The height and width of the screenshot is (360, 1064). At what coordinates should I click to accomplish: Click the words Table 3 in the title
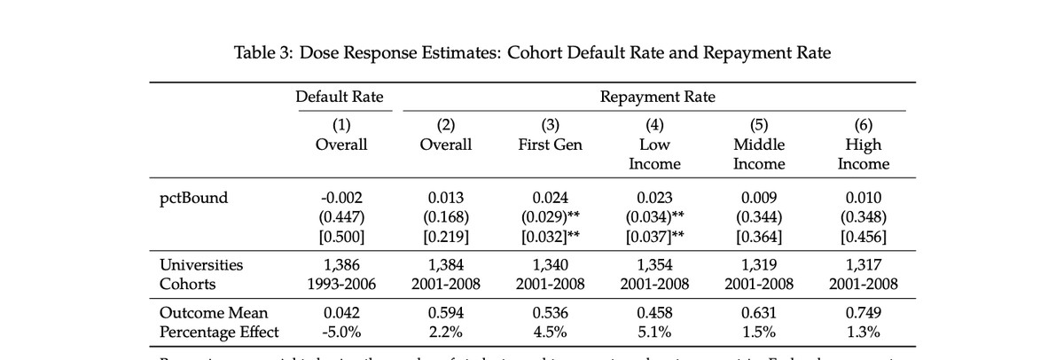pos(262,52)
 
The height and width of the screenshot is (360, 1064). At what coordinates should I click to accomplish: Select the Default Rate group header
pos(340,97)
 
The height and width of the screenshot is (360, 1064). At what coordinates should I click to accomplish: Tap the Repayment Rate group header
pos(657,97)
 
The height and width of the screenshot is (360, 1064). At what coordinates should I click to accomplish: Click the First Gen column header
pos(550,145)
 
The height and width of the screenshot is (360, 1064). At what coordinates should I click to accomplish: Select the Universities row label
pos(201,264)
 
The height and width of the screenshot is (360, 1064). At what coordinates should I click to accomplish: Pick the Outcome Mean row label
pos(214,313)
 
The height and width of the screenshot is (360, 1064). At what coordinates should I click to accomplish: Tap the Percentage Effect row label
pos(219,333)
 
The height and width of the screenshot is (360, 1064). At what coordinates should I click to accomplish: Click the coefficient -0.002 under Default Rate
pos(341,198)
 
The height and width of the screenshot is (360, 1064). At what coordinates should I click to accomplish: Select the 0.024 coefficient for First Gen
pos(550,198)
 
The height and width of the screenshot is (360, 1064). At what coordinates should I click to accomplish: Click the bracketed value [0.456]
pos(864,237)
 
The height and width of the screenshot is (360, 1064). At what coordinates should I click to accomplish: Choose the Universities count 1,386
pos(341,264)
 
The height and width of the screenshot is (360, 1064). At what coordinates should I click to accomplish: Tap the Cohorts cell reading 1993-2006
pos(341,284)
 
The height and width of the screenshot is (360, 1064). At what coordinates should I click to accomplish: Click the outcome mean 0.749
pos(864,313)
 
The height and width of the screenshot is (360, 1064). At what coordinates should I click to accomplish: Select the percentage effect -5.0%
pos(341,333)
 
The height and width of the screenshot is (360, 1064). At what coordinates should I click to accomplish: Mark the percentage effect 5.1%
pos(654,333)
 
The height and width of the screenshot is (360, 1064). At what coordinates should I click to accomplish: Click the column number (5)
pos(759,125)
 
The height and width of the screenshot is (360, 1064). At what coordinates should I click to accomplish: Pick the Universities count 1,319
pos(759,264)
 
